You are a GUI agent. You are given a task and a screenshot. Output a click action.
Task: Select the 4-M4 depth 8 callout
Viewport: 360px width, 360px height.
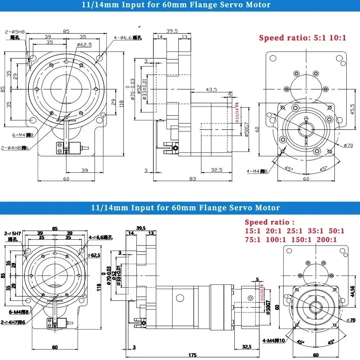[257, 171]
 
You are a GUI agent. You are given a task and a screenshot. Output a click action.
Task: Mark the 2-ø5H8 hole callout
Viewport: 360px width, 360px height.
[12, 31]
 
